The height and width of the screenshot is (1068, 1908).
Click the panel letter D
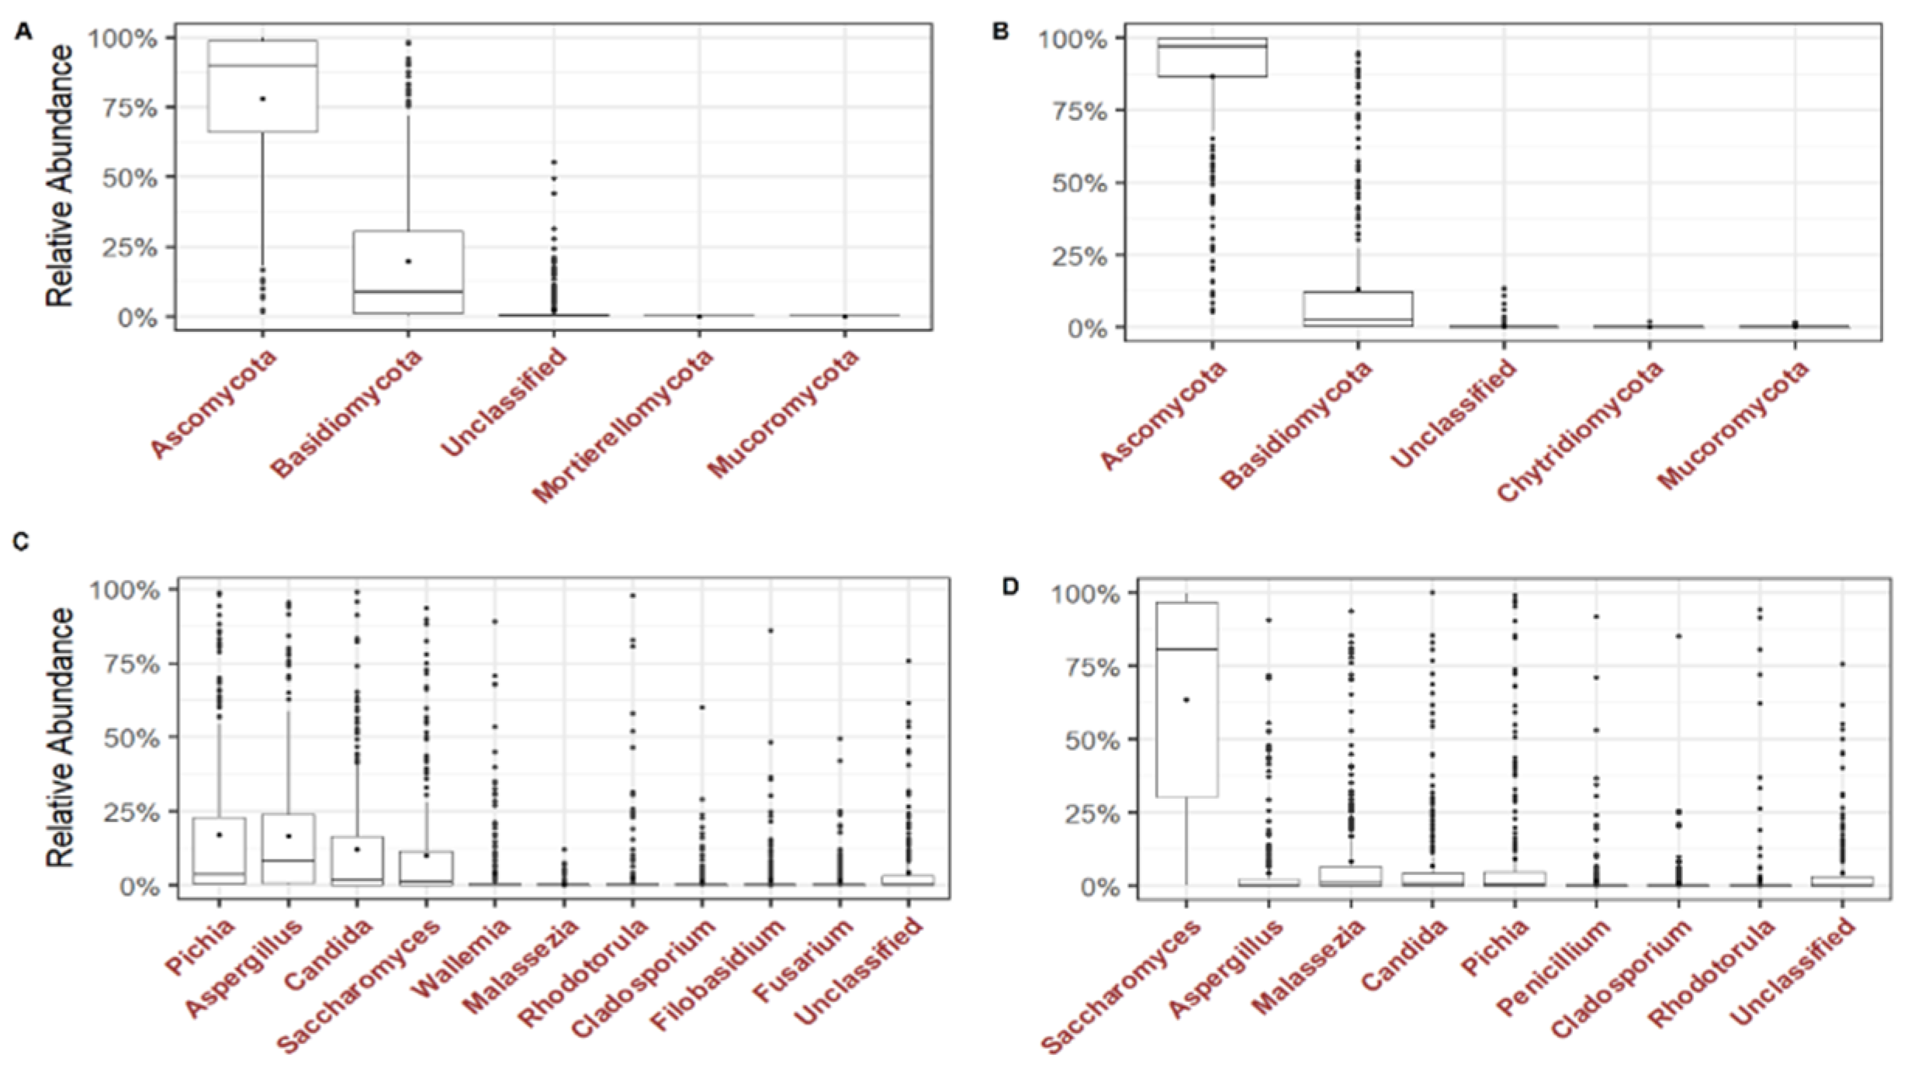pos(1009,586)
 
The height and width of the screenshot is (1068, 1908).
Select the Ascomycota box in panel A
pos(262,85)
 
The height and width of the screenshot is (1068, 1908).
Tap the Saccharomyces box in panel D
pos(1186,698)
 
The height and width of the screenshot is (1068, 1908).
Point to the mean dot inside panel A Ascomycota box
pos(263,99)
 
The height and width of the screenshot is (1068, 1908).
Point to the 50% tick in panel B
pos(1079,184)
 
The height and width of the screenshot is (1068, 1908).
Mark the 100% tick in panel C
pos(124,590)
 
